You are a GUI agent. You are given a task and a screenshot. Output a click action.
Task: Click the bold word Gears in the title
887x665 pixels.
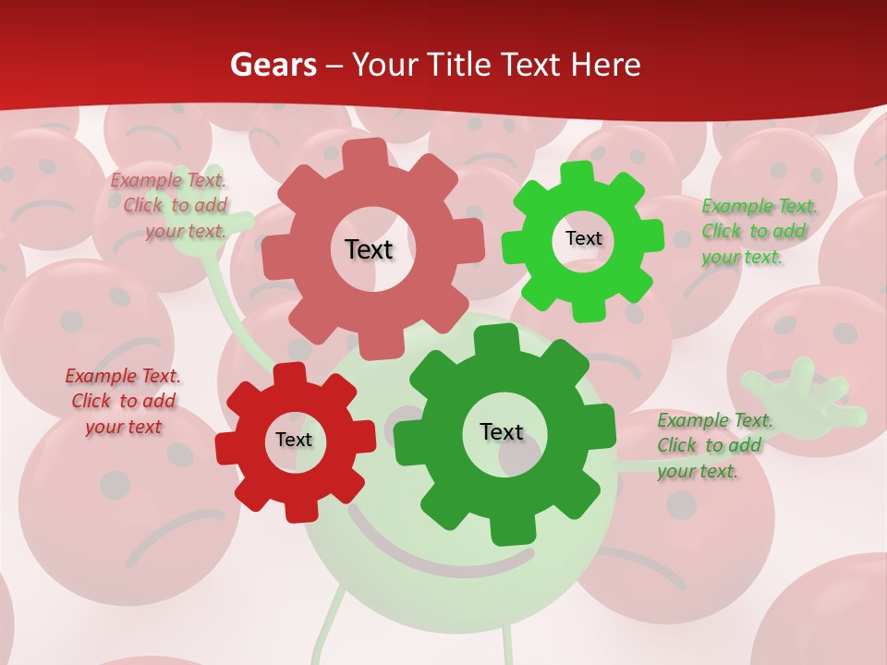pyautogui.click(x=273, y=65)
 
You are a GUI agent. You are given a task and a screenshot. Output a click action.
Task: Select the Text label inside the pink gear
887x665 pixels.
pyautogui.click(x=369, y=249)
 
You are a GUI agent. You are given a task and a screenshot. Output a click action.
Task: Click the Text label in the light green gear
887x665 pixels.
pyautogui.click(x=583, y=238)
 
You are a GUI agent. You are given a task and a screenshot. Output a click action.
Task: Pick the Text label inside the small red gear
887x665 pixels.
pyautogui.click(x=294, y=440)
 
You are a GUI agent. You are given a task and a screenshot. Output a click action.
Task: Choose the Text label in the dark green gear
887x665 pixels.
pyautogui.click(x=502, y=431)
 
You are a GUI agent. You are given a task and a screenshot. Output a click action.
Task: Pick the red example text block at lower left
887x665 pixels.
pyautogui.click(x=124, y=401)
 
